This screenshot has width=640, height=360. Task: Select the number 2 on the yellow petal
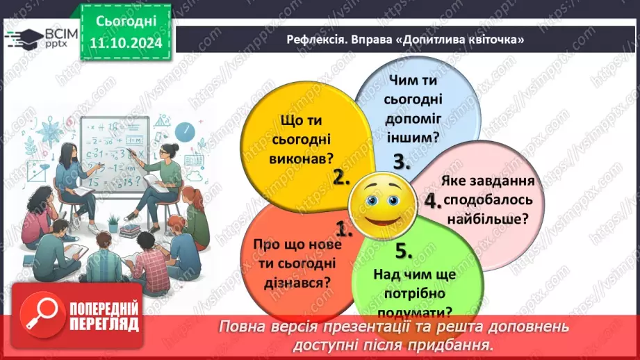[x=340, y=177]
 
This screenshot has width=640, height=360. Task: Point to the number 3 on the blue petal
[x=400, y=162]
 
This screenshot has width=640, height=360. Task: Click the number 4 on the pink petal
[x=433, y=201]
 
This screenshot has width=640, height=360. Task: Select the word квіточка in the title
[x=494, y=40]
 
